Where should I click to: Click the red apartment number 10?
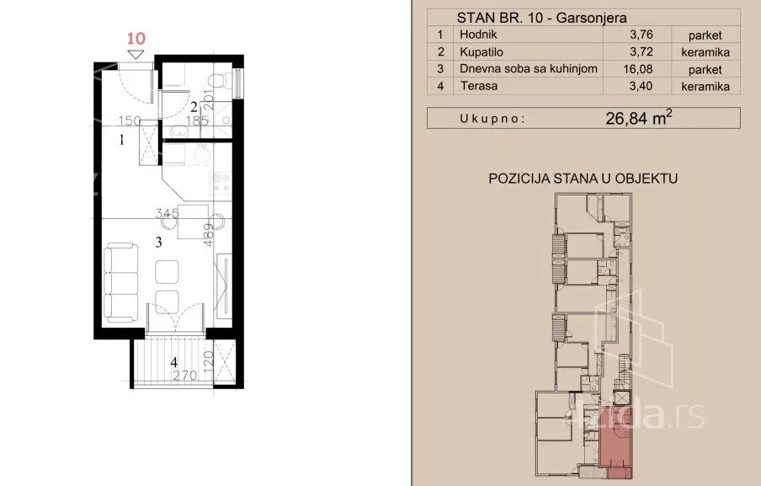(x=136, y=39)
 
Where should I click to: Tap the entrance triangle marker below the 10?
(x=136, y=54)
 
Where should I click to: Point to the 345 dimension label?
(x=167, y=212)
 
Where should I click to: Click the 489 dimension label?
(x=209, y=234)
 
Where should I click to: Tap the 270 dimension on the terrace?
(x=185, y=375)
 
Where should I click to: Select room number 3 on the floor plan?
(x=159, y=243)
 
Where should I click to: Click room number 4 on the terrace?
(x=173, y=361)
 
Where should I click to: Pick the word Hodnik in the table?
(x=478, y=35)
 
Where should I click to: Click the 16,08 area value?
(x=638, y=69)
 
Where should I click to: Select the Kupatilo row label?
(x=482, y=52)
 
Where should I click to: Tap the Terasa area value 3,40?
(x=641, y=86)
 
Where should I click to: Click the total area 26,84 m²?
(x=639, y=118)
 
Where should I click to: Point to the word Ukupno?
(x=492, y=119)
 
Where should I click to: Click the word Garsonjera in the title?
(x=591, y=19)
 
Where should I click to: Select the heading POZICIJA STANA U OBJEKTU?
(x=583, y=179)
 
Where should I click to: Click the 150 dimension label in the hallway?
(x=130, y=120)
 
